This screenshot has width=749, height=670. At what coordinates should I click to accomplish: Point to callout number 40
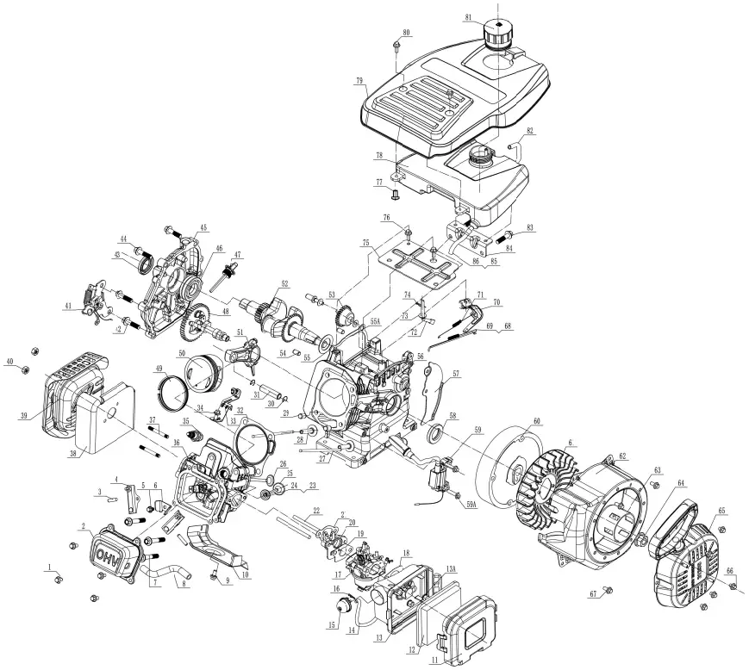(10, 361)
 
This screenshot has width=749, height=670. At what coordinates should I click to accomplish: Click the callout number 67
(593, 594)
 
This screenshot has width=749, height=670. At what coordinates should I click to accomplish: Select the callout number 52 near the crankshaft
(284, 283)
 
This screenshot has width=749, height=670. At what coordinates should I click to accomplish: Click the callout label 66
(731, 571)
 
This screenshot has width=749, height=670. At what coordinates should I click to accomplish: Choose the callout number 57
(456, 375)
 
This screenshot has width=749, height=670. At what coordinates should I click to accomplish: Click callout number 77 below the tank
(378, 183)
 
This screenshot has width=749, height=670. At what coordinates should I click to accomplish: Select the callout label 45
(203, 228)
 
